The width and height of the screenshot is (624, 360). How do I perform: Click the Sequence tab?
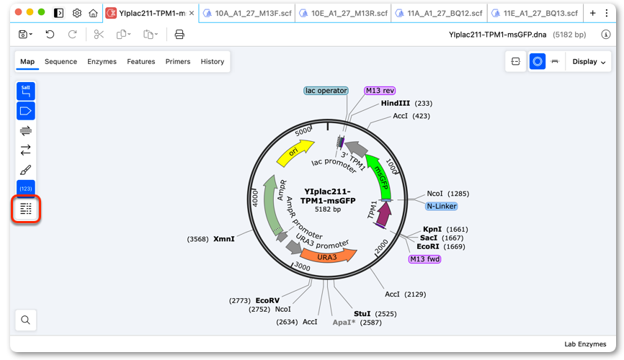[61, 62]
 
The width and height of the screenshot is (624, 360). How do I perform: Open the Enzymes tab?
[102, 62]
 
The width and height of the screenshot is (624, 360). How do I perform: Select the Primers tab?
[178, 62]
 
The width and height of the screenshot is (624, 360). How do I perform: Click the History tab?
[213, 62]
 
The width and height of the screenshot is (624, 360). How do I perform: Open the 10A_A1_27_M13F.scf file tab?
[247, 13]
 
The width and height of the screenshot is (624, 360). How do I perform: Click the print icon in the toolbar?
[179, 35]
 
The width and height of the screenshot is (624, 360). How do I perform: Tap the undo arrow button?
[50, 35]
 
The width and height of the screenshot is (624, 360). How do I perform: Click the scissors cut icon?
[99, 35]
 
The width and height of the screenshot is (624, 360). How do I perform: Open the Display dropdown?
[589, 62]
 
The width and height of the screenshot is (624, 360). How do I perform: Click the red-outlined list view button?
[26, 209]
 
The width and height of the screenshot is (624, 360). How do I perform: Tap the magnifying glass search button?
[25, 320]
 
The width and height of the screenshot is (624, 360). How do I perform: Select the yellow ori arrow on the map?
[295, 153]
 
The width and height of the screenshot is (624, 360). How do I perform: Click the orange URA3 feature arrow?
[328, 256]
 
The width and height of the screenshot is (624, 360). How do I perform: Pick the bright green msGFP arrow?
[380, 176]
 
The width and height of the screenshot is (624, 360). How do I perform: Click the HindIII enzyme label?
[395, 104]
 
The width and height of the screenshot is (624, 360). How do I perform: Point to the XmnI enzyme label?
[223, 239]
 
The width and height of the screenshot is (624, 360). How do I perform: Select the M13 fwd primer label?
[424, 259]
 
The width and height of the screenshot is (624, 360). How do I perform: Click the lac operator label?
[326, 91]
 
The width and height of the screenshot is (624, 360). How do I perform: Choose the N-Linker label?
[441, 206]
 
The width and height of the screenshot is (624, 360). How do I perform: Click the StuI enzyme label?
[362, 314]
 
